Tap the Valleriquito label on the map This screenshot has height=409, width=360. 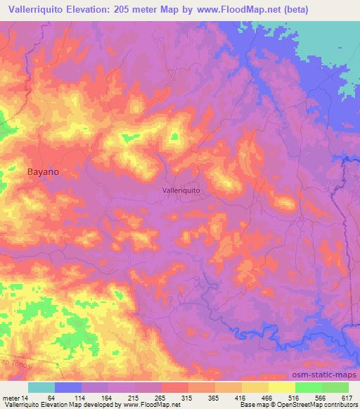coord(181,190)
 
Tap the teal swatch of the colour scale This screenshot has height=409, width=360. coord(41,387)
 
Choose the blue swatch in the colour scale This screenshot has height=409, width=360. coord(68,387)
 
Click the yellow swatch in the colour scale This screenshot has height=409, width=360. coord(282,387)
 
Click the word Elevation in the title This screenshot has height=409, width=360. coord(98,10)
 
